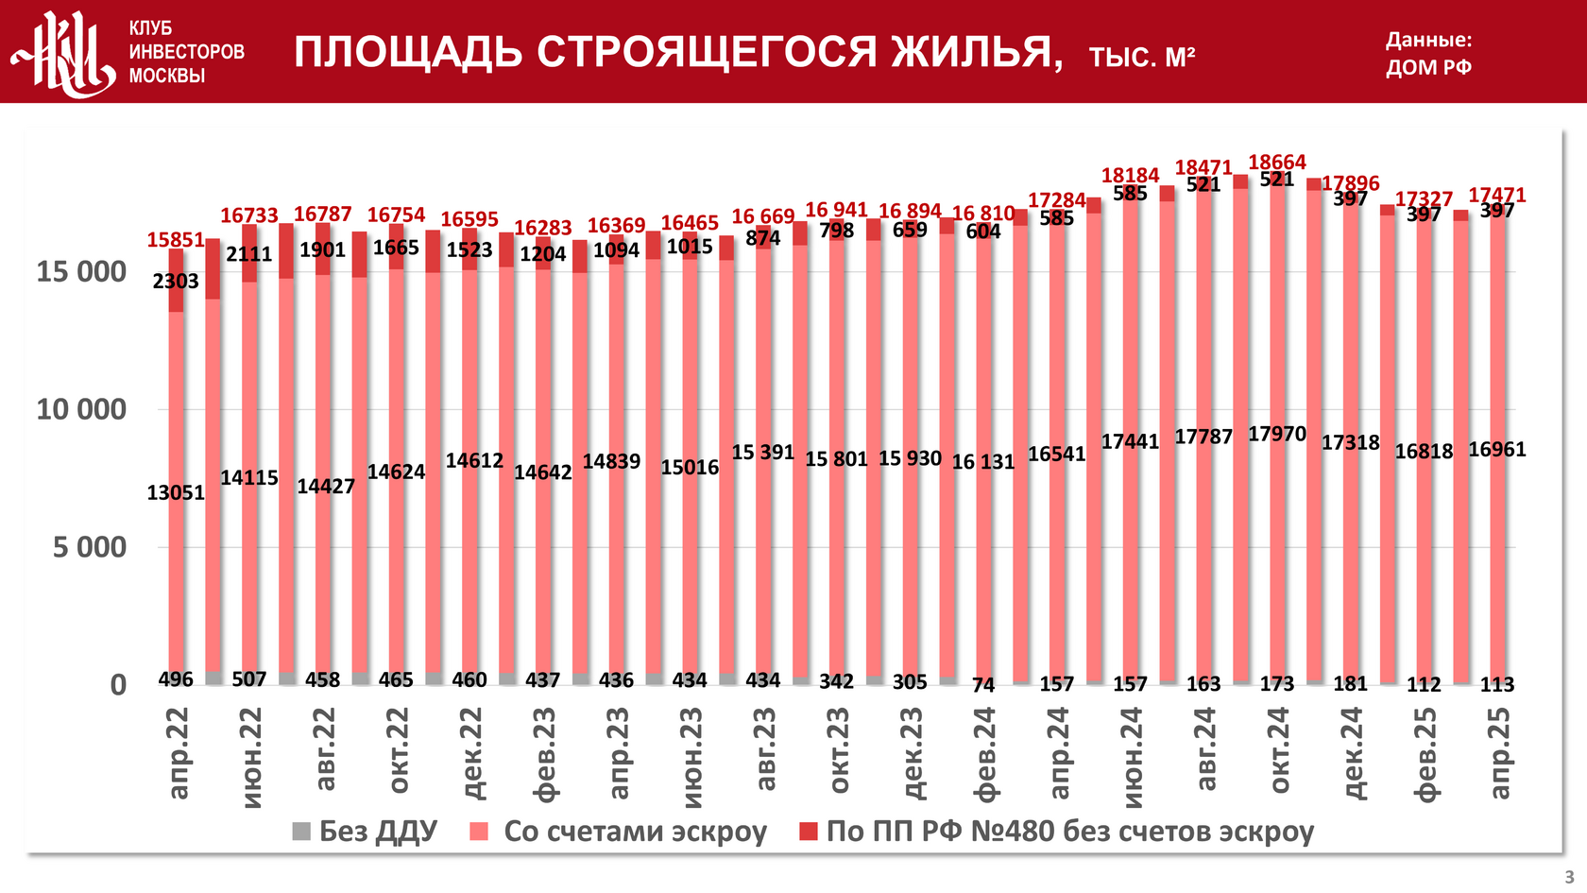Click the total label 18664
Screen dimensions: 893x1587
[1277, 163]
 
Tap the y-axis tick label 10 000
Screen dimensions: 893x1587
[81, 410]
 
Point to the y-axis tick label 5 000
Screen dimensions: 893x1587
[89, 547]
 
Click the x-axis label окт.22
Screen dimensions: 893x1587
[397, 751]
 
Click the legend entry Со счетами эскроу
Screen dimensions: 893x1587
[619, 832]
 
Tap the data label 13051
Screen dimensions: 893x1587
[176, 492]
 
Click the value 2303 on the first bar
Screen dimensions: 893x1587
[176, 281]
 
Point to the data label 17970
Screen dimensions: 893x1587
[1277, 434]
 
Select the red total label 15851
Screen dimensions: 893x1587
[176, 240]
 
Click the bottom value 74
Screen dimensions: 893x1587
[983, 684]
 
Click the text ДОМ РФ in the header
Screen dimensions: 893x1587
[1428, 67]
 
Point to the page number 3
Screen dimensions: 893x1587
[1569, 877]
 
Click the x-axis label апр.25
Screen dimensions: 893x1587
[1498, 753]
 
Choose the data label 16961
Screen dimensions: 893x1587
[1497, 450]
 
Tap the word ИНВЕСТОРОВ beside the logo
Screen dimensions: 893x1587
[186, 52]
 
